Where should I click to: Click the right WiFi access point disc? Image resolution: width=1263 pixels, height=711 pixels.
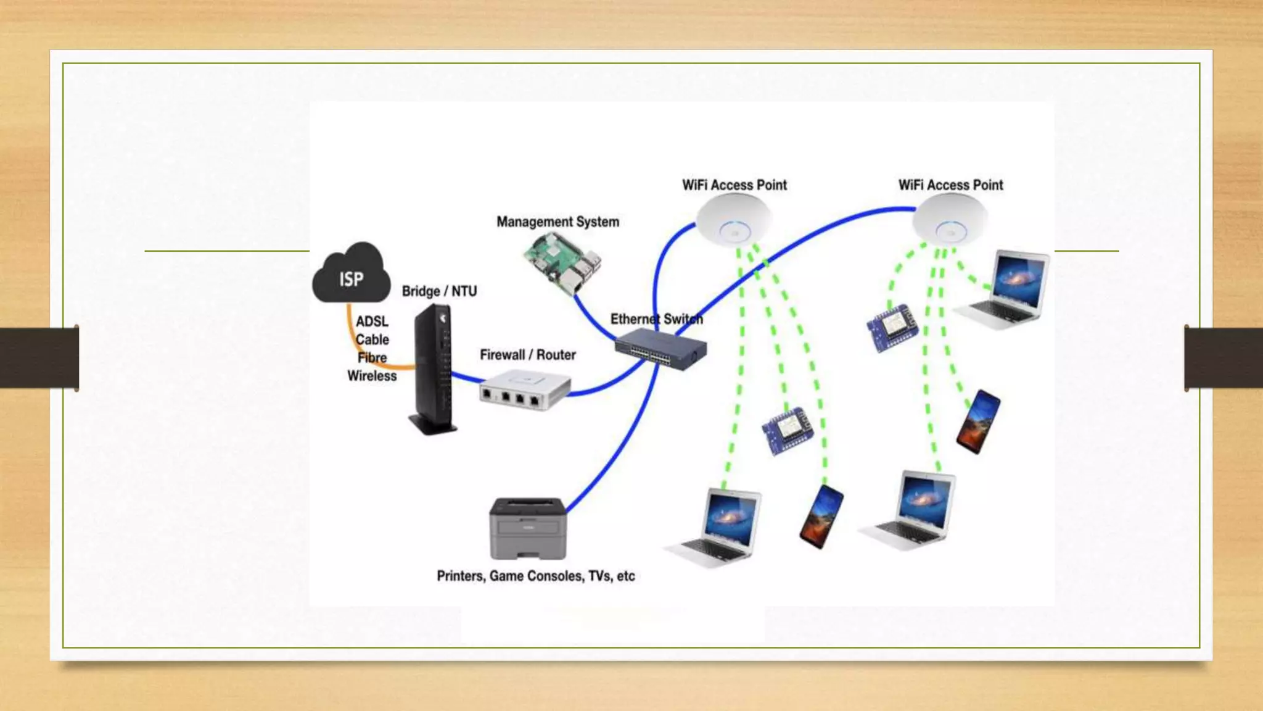pyautogui.click(x=950, y=220)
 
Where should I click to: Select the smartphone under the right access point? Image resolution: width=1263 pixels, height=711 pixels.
pyautogui.click(x=978, y=422)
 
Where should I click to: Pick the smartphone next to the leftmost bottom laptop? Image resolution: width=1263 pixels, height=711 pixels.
pyautogui.click(x=821, y=517)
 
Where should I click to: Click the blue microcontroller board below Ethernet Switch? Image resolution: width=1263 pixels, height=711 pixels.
pyautogui.click(x=788, y=430)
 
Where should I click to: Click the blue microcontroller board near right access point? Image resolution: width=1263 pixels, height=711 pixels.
pyautogui.click(x=892, y=327)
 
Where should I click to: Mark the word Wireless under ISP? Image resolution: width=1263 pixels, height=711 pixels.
pyautogui.click(x=372, y=376)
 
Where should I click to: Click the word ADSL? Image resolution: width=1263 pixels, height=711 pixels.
pyautogui.click(x=372, y=322)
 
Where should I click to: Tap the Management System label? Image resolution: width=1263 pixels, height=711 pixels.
pyautogui.click(x=557, y=222)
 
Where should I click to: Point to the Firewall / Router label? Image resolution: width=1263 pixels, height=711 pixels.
pyautogui.click(x=528, y=355)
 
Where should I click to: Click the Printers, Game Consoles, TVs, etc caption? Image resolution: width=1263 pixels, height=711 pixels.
pyautogui.click(x=535, y=576)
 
